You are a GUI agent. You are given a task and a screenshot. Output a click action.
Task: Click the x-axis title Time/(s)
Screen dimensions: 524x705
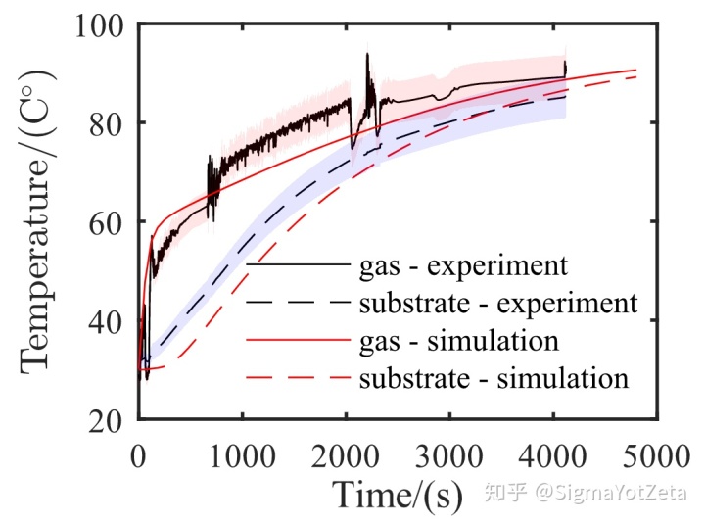point(397,495)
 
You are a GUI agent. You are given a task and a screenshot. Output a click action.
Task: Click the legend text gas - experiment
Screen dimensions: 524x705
point(463,265)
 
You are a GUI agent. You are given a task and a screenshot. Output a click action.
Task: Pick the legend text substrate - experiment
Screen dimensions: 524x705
point(498,303)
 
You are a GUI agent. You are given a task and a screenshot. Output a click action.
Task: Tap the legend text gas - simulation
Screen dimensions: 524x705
point(459,341)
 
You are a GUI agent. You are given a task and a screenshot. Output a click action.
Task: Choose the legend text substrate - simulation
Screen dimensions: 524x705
point(493,378)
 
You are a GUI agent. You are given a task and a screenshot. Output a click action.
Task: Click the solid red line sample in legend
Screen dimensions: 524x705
point(297,341)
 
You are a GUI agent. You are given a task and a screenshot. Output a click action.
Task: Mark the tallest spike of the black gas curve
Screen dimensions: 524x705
point(367,55)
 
